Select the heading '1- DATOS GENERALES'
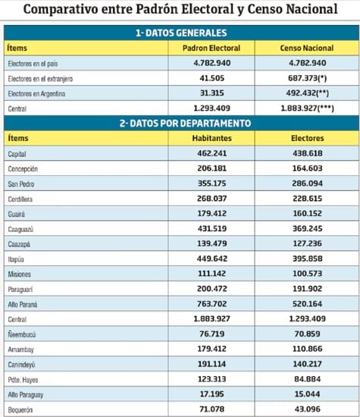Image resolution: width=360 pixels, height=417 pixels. (x=181, y=33)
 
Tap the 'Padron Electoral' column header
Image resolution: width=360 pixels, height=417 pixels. (x=211, y=48)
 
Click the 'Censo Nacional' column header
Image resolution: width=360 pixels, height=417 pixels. (x=306, y=48)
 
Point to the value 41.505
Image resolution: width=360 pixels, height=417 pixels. (x=212, y=78)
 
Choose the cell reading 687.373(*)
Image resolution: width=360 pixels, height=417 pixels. (x=308, y=78)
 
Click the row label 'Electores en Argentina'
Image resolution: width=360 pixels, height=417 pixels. (x=36, y=93)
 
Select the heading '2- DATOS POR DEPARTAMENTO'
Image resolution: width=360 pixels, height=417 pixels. (x=185, y=123)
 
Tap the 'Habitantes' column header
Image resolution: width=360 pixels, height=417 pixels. (x=212, y=138)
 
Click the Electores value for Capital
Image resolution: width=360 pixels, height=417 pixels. (x=308, y=153)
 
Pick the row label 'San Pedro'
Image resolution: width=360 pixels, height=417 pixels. (x=21, y=183)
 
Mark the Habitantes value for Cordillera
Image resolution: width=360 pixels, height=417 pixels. (x=212, y=199)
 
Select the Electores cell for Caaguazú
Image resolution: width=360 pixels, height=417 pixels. (x=308, y=228)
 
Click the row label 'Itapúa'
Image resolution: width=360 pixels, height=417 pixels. (x=16, y=259)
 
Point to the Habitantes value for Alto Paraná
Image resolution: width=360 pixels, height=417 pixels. (x=212, y=304)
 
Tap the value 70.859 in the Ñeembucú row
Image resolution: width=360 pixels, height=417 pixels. (x=308, y=334)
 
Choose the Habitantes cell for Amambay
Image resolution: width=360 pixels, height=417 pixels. (x=212, y=349)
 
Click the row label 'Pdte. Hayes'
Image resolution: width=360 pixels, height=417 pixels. (x=23, y=380)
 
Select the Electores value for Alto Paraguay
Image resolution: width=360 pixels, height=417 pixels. (x=308, y=393)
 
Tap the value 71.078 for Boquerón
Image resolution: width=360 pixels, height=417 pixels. (x=212, y=409)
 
